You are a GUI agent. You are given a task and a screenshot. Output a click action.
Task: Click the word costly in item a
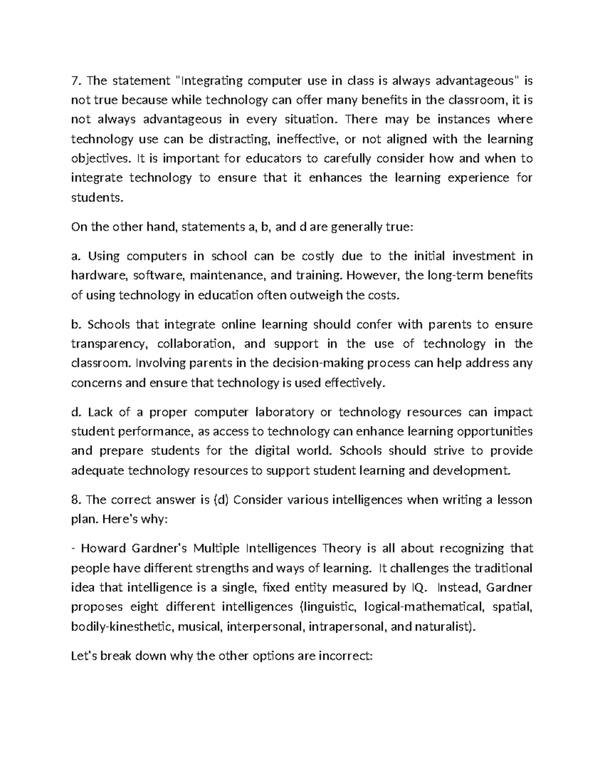[x=318, y=256]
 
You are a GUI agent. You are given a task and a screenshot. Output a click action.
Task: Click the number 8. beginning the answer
[x=76, y=500]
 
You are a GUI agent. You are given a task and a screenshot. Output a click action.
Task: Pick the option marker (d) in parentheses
[x=221, y=500]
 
